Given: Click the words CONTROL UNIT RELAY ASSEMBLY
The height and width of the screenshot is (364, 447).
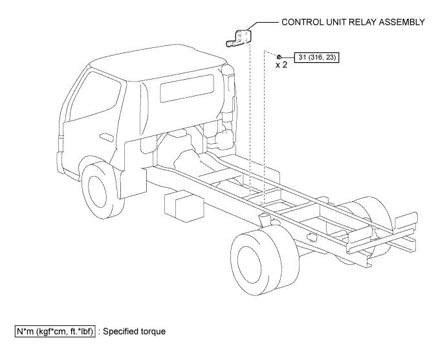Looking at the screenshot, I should click(353, 21).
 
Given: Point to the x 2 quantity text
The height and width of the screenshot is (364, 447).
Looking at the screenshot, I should click(281, 65).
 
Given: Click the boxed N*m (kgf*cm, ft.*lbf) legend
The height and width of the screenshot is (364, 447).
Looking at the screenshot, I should click(55, 331).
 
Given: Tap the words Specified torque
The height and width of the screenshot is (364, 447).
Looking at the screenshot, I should click(137, 331).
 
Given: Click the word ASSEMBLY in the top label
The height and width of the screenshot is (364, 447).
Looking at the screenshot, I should click(400, 21).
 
